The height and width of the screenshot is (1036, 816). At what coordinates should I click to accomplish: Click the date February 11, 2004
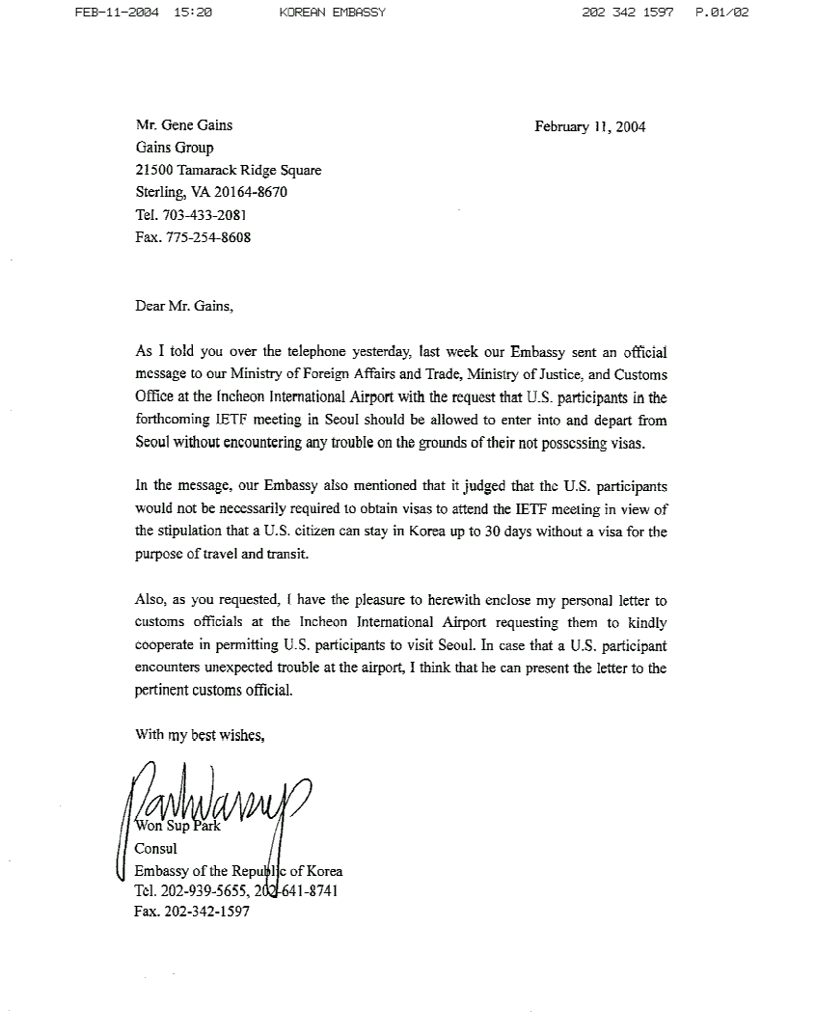pos(589,126)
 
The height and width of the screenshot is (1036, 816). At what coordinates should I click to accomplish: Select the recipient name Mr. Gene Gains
pos(183,124)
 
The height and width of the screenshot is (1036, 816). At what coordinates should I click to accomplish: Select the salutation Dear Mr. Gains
pos(183,307)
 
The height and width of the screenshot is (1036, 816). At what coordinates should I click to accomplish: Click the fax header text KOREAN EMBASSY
pos(332,13)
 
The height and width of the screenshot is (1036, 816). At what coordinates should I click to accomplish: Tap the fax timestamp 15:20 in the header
pos(194,13)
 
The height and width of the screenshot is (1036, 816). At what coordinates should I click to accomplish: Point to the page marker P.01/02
pos(721,13)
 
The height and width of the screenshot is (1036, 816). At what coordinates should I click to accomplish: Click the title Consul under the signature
pos(155,849)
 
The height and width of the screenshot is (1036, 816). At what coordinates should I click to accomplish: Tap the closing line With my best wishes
pos(200,735)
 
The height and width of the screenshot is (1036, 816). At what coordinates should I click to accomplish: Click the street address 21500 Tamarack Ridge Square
pos(229,170)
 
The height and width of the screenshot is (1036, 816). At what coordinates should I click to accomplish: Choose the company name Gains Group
pos(175,148)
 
